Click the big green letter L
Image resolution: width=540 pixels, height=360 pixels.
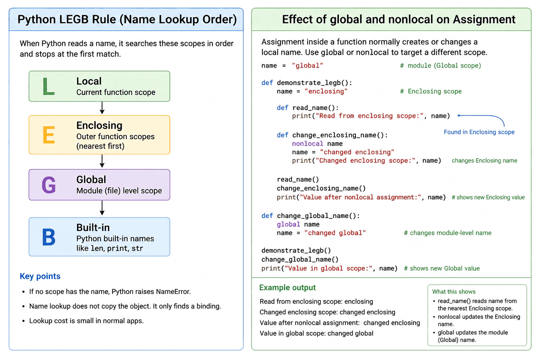[48, 86]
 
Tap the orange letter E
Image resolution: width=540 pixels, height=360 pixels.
[49, 135]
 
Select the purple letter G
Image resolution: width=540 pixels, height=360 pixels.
[49, 185]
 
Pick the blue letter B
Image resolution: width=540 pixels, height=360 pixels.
[49, 237]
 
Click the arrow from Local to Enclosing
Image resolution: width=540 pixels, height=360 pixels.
[102, 108]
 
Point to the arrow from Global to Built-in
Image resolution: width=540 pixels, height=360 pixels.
[102, 208]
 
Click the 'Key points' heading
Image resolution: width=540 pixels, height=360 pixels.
[40, 276]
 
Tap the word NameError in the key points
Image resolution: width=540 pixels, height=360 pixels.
[173, 291]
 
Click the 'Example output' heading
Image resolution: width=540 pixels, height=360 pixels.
[287, 288]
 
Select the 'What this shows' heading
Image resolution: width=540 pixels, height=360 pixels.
[454, 292]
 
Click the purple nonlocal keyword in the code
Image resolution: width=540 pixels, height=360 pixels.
[308, 144]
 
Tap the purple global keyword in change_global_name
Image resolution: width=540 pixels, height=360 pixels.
[288, 225]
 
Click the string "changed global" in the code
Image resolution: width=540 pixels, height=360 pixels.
[335, 233]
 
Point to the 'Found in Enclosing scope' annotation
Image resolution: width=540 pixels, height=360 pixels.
[479, 132]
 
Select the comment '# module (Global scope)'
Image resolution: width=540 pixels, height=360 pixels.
[441, 66]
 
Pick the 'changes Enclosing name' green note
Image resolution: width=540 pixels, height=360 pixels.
[484, 161]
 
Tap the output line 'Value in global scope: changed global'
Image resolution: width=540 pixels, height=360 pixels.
[316, 334]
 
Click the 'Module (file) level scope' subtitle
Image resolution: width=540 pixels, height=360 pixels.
[119, 191]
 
